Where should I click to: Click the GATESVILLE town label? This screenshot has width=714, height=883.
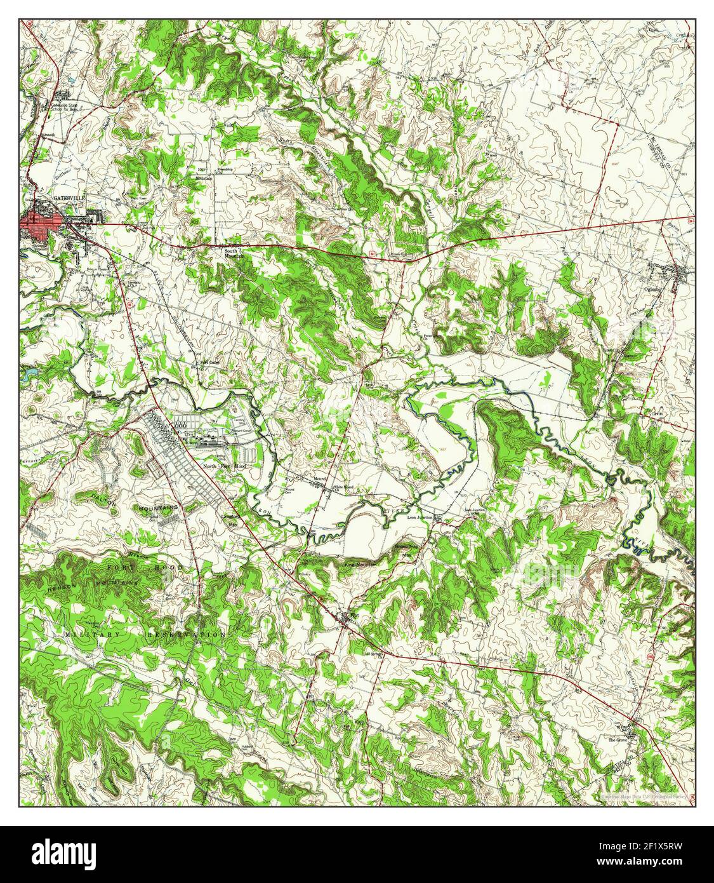68,198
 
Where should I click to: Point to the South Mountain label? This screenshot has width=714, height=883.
234,253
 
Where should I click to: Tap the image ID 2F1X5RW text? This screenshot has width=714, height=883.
641,846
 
